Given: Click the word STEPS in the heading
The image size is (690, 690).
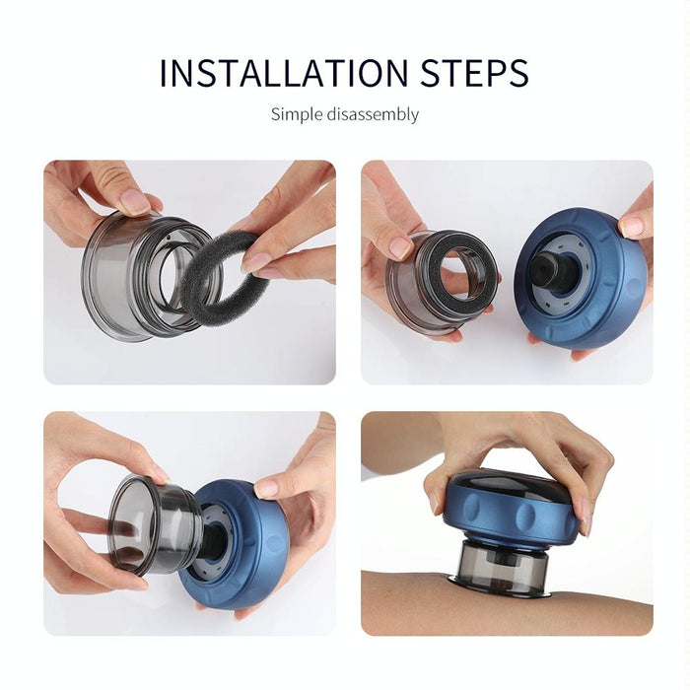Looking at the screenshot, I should point(464,74).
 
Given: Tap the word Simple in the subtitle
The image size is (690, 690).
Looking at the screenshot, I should point(295,114).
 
